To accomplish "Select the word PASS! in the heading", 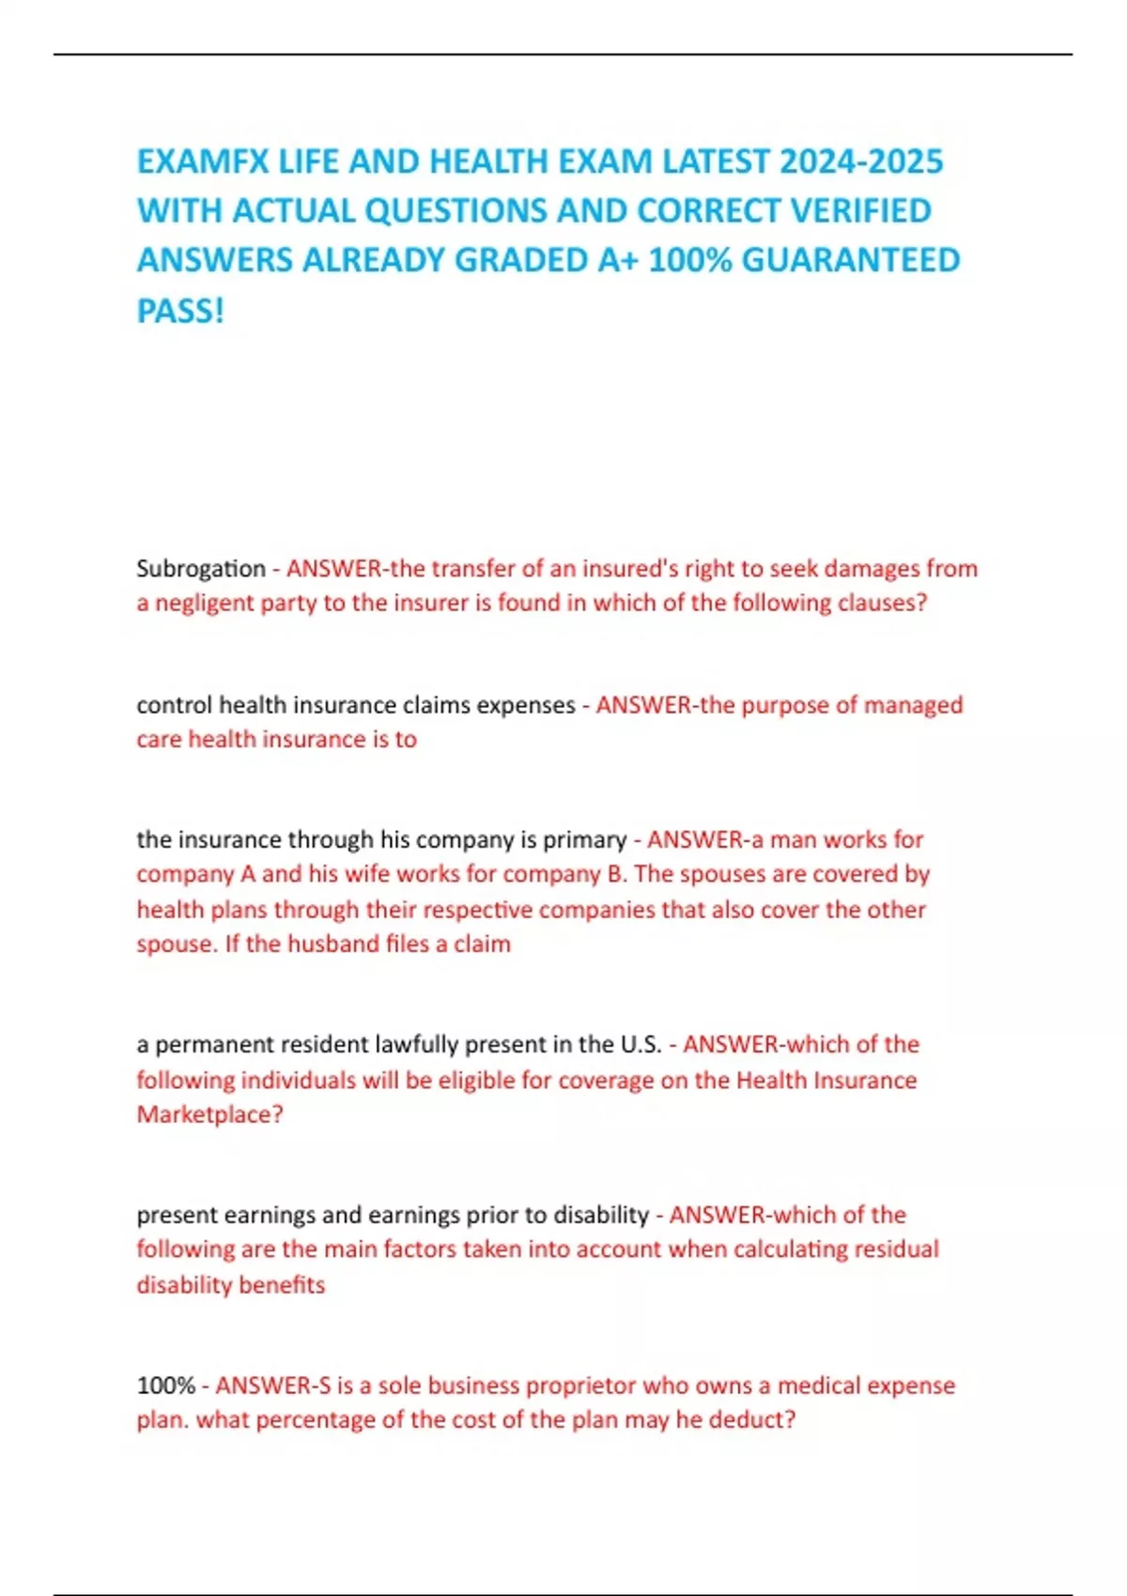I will coord(180,311).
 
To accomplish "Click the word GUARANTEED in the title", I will coord(851,260).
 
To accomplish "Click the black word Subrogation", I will coord(201,569).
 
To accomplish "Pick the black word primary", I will coord(584,839).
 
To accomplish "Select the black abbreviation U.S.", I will coord(641,1045).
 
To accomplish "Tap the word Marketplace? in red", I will coord(209,1114).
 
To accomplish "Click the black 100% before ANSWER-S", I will coord(165,1386).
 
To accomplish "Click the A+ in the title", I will coord(617,260).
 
